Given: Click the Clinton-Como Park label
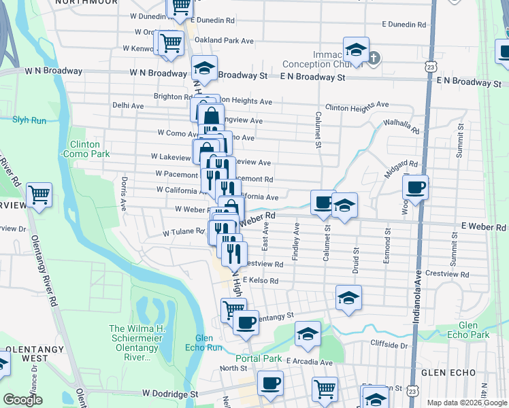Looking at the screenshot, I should pyautogui.click(x=85, y=149).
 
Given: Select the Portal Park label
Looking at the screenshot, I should pyautogui.click(x=259, y=358).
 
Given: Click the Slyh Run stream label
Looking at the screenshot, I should pyautogui.click(x=29, y=120).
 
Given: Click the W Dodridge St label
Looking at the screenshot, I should pyautogui.click(x=170, y=393).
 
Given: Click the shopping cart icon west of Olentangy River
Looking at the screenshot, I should pyautogui.click(x=39, y=194).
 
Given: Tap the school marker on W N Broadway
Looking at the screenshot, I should pyautogui.click(x=203, y=68).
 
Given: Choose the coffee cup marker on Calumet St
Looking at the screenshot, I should pyautogui.click(x=323, y=202).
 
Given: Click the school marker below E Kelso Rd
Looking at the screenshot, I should pyautogui.click(x=348, y=297).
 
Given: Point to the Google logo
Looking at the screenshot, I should pyautogui.click(x=22, y=400).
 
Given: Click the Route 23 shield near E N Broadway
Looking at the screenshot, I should pyautogui.click(x=429, y=67).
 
